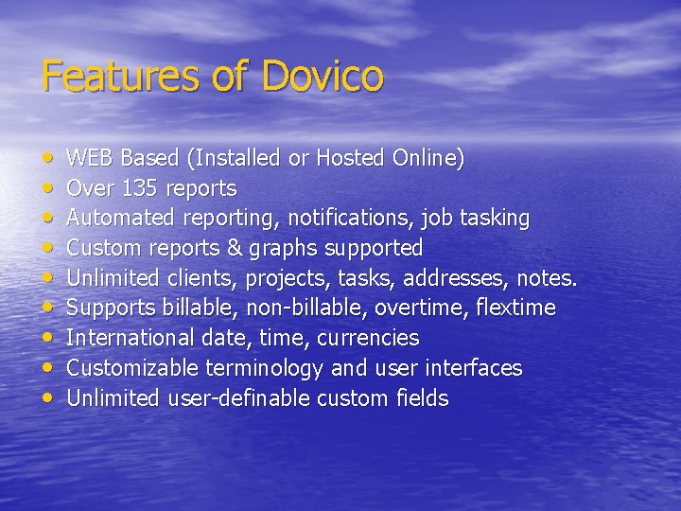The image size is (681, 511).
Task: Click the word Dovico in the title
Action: pos(323,76)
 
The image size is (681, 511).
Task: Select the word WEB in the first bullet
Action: pos(91,158)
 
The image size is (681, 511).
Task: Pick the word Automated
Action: pos(118,219)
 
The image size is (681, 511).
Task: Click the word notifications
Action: pos(351,219)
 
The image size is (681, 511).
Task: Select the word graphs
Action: pos(278,249)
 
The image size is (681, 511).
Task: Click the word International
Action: pos(127,338)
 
